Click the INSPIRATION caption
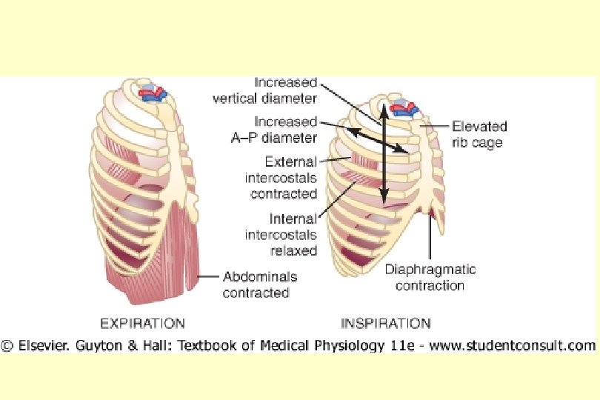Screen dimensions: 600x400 [385, 324]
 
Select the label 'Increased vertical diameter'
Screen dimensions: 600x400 [285, 90]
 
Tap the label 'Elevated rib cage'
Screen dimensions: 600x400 [476, 134]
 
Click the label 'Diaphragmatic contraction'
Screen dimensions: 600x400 [430, 277]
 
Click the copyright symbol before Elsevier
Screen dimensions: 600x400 [7, 345]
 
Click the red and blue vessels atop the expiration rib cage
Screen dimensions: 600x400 [155, 94]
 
